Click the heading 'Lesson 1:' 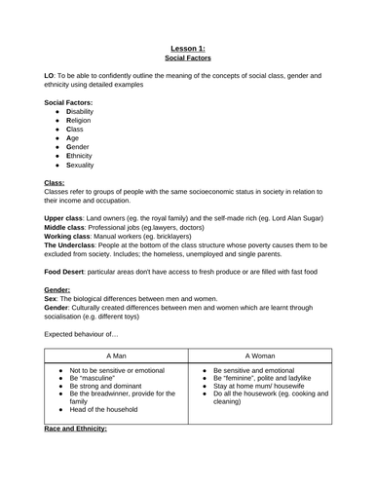tap(188, 46)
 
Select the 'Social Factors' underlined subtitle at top tap(188, 57)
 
